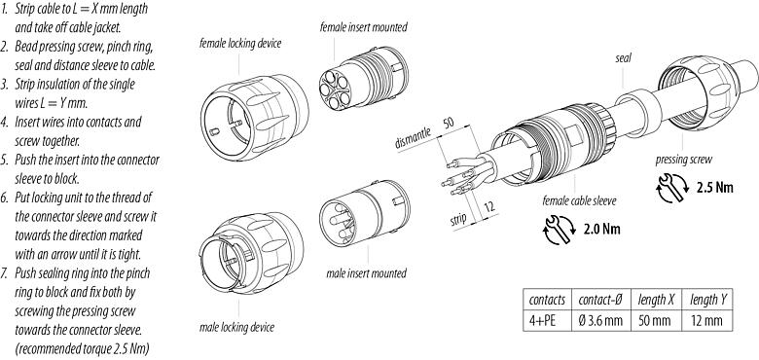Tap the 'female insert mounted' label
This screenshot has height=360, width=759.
pos(363,27)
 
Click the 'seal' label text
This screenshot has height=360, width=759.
pos(623,58)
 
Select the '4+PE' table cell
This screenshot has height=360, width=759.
pos(539,319)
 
